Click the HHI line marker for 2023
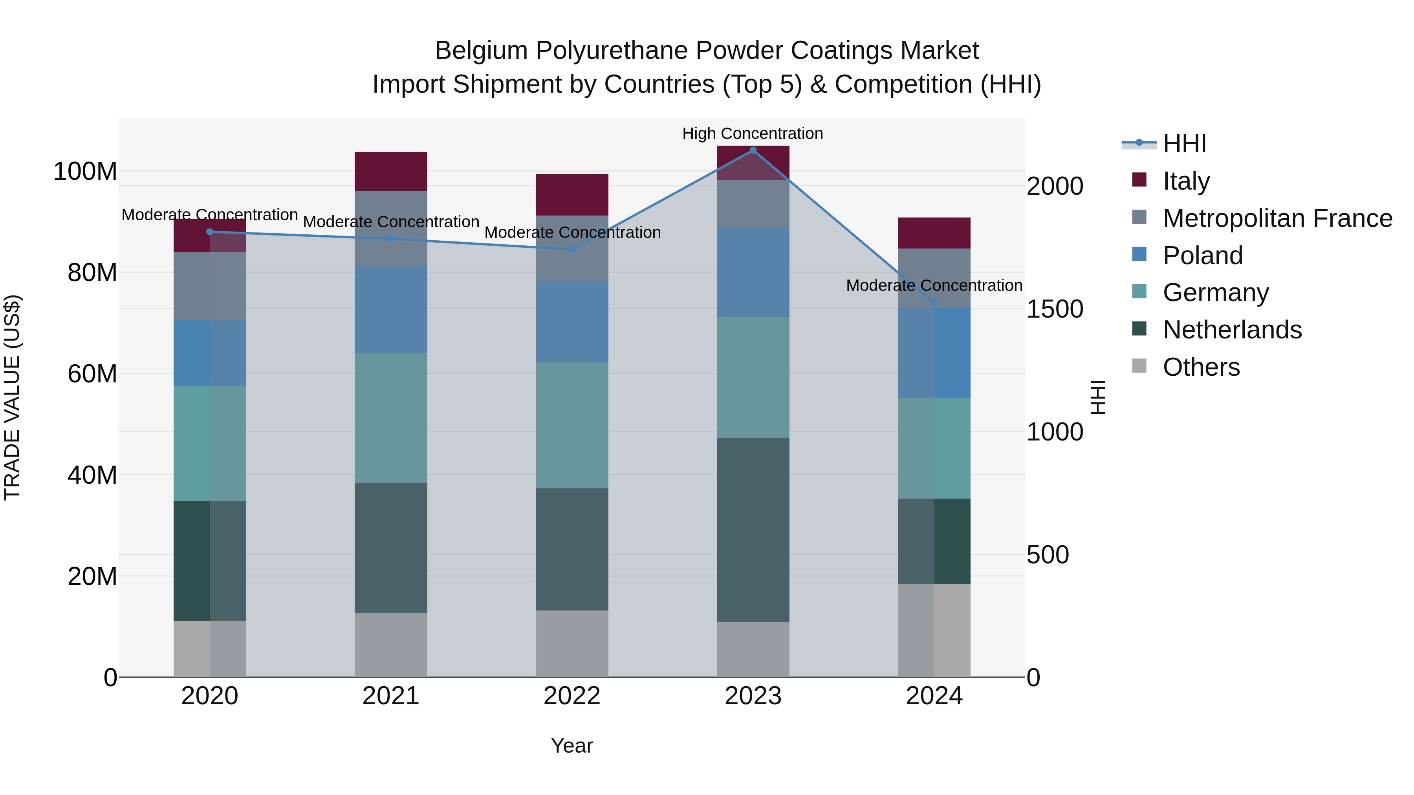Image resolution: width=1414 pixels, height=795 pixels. [753, 150]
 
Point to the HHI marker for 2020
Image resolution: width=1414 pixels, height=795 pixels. [210, 232]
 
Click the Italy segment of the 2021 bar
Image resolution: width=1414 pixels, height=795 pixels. [391, 171]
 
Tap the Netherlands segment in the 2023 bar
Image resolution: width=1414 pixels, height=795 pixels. [753, 530]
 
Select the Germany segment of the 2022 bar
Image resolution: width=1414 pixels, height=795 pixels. [572, 425]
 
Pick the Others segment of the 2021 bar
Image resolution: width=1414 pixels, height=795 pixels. [391, 645]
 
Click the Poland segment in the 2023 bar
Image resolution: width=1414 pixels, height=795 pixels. [753, 272]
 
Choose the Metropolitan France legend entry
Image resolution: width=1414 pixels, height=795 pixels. [1277, 218]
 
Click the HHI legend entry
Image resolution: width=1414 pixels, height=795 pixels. [1185, 144]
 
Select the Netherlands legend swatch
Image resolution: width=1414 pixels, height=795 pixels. [1139, 330]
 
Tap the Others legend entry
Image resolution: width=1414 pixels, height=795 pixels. [1201, 367]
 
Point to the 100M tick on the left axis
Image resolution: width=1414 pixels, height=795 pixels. [85, 171]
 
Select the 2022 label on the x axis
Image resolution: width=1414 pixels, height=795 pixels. [572, 696]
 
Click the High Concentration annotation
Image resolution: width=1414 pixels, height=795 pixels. [753, 133]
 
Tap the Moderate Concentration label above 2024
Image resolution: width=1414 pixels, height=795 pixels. [934, 285]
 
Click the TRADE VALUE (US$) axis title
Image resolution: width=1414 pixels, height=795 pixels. [12, 397]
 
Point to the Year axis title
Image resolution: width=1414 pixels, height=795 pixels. [572, 746]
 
